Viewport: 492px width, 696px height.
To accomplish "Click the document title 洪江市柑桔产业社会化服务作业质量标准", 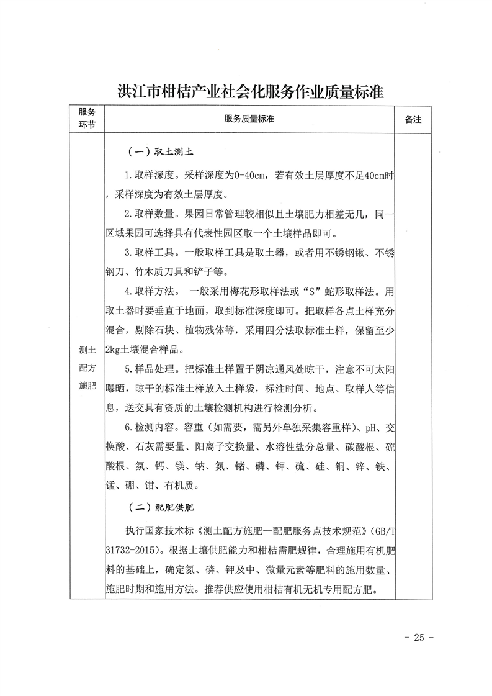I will pos(251,91).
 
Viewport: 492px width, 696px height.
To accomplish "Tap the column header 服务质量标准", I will pos(249,119).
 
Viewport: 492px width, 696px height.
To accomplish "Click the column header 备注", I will pos(413,119).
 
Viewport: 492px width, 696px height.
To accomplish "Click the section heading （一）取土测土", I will pos(162,151).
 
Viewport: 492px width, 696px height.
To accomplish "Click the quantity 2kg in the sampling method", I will pos(114,350).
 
